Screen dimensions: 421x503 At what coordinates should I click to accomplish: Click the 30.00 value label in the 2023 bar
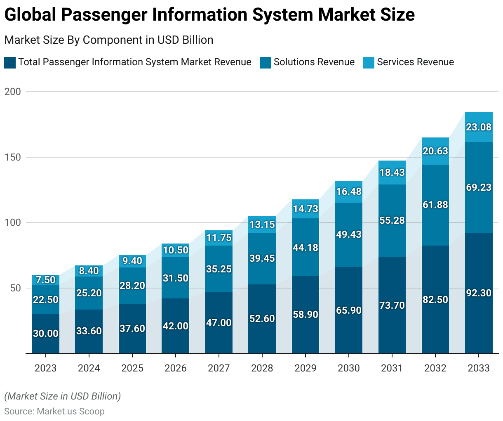[45, 333]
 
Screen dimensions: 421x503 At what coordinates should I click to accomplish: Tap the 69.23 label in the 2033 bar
[479, 187]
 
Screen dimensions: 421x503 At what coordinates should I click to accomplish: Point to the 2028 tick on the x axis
[262, 368]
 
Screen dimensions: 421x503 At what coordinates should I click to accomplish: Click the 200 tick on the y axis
[12, 92]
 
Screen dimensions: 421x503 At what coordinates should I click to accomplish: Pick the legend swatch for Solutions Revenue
[266, 63]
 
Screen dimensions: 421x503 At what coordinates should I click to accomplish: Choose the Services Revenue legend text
[415, 62]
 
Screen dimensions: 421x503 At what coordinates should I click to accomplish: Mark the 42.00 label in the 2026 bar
[176, 326]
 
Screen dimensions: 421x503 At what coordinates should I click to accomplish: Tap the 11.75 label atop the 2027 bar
[219, 238]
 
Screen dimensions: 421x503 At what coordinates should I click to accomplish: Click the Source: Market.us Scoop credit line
[54, 412]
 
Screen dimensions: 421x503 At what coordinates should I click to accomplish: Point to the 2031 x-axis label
[392, 368]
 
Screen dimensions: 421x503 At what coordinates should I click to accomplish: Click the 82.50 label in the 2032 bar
[435, 300]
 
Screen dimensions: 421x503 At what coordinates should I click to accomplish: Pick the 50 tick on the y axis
[15, 288]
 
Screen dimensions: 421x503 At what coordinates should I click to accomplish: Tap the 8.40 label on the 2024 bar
[89, 271]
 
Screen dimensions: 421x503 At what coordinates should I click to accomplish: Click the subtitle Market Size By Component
[108, 40]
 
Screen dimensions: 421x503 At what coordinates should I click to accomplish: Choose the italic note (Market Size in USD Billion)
[63, 396]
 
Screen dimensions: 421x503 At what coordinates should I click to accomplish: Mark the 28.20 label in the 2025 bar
[132, 286]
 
